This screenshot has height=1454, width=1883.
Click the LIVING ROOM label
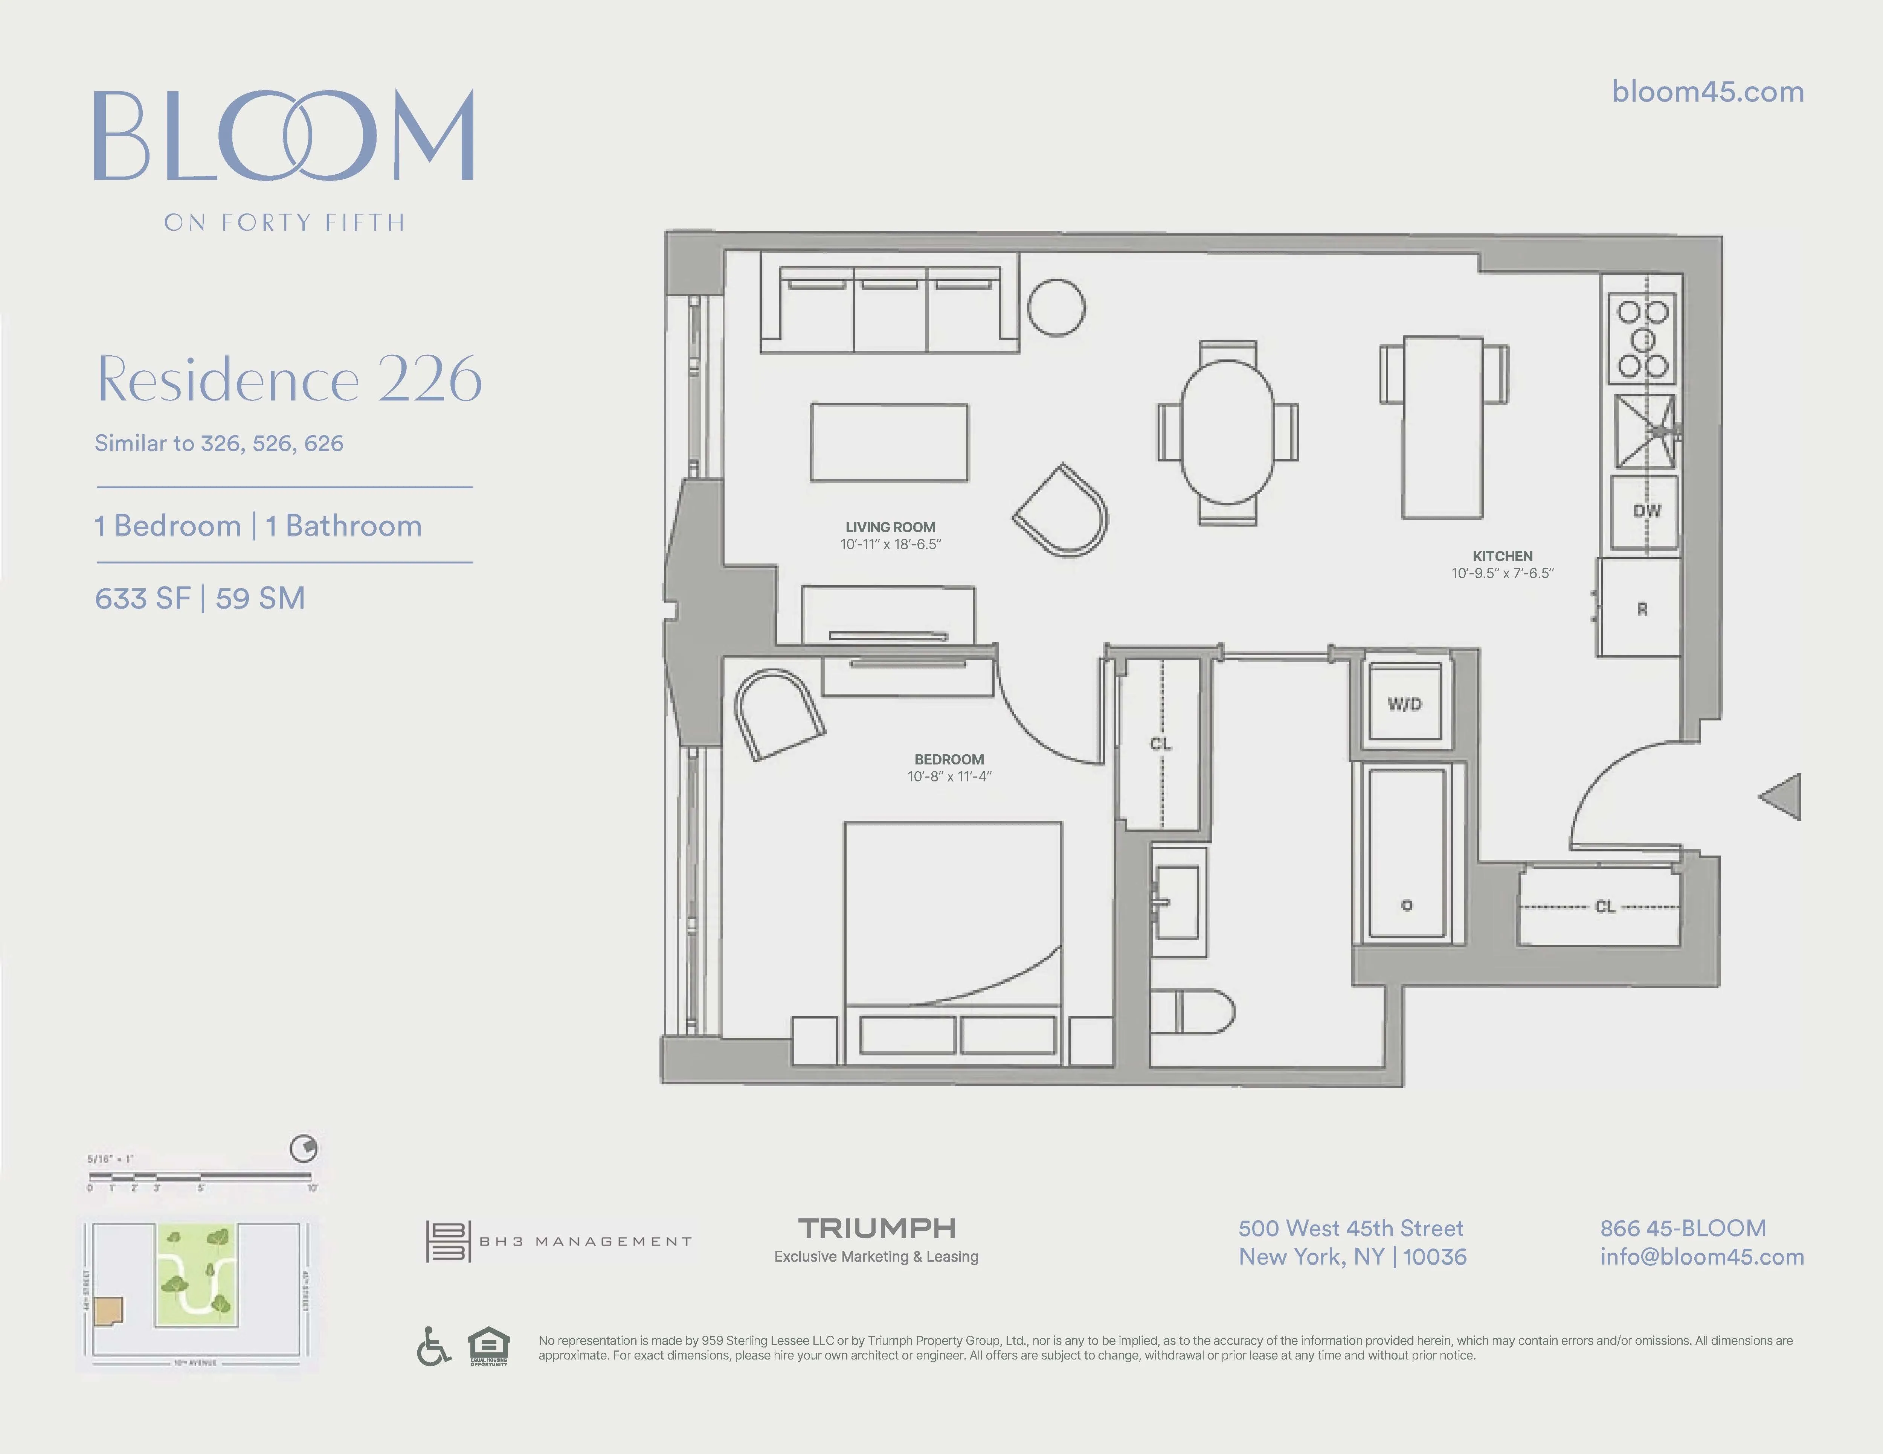pyautogui.click(x=890, y=527)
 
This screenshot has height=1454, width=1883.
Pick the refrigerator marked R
pyautogui.click(x=1641, y=609)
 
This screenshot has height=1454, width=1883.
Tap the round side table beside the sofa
pyautogui.click(x=1056, y=308)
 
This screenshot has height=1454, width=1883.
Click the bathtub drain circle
pyautogui.click(x=1406, y=905)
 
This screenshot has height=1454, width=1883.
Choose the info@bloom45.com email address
pyautogui.click(x=1701, y=1257)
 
